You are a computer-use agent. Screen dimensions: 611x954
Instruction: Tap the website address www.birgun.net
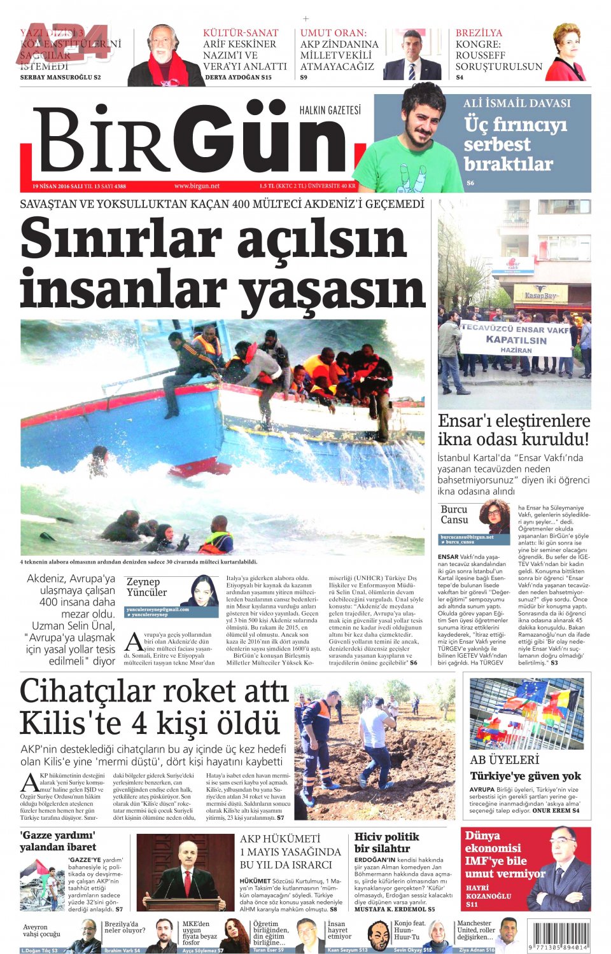point(197,186)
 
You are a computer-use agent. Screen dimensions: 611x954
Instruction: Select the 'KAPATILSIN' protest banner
point(516,340)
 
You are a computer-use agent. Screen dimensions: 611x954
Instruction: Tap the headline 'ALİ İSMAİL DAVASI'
point(516,103)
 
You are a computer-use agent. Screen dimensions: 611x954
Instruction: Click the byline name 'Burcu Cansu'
point(454,515)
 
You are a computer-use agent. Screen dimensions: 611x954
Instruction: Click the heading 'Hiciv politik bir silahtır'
point(386,843)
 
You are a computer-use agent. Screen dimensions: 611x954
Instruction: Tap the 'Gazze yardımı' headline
point(57,841)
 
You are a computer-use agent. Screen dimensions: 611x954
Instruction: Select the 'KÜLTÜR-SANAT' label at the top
point(241,33)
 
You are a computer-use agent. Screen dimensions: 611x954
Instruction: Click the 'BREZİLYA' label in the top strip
point(479,33)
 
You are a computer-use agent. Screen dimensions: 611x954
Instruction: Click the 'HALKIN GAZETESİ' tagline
point(330,111)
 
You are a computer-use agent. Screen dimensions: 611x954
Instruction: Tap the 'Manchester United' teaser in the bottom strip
point(475,930)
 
